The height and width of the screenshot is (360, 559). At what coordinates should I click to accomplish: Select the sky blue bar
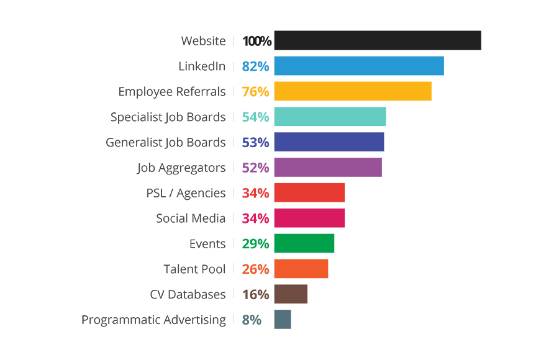342,65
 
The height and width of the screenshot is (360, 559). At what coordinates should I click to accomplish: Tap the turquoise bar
317,116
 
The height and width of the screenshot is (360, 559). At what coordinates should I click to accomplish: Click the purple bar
323,167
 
